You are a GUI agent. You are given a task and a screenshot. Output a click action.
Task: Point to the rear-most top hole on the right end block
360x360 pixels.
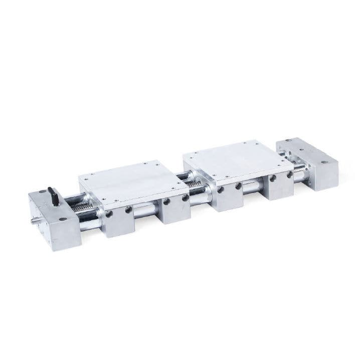(287, 142)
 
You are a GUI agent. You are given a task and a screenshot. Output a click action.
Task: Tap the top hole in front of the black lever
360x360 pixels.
(63, 219)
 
